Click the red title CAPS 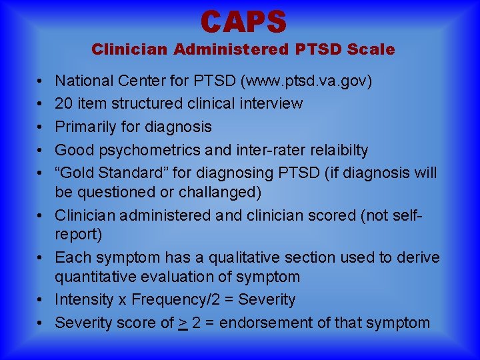[x=243, y=21]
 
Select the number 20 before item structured [x=65, y=104]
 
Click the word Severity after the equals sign [x=267, y=299]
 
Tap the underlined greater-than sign [x=182, y=323]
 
